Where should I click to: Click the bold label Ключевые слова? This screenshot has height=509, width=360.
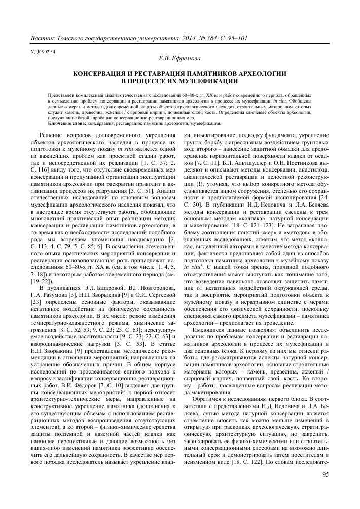click(x=67, y=122)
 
